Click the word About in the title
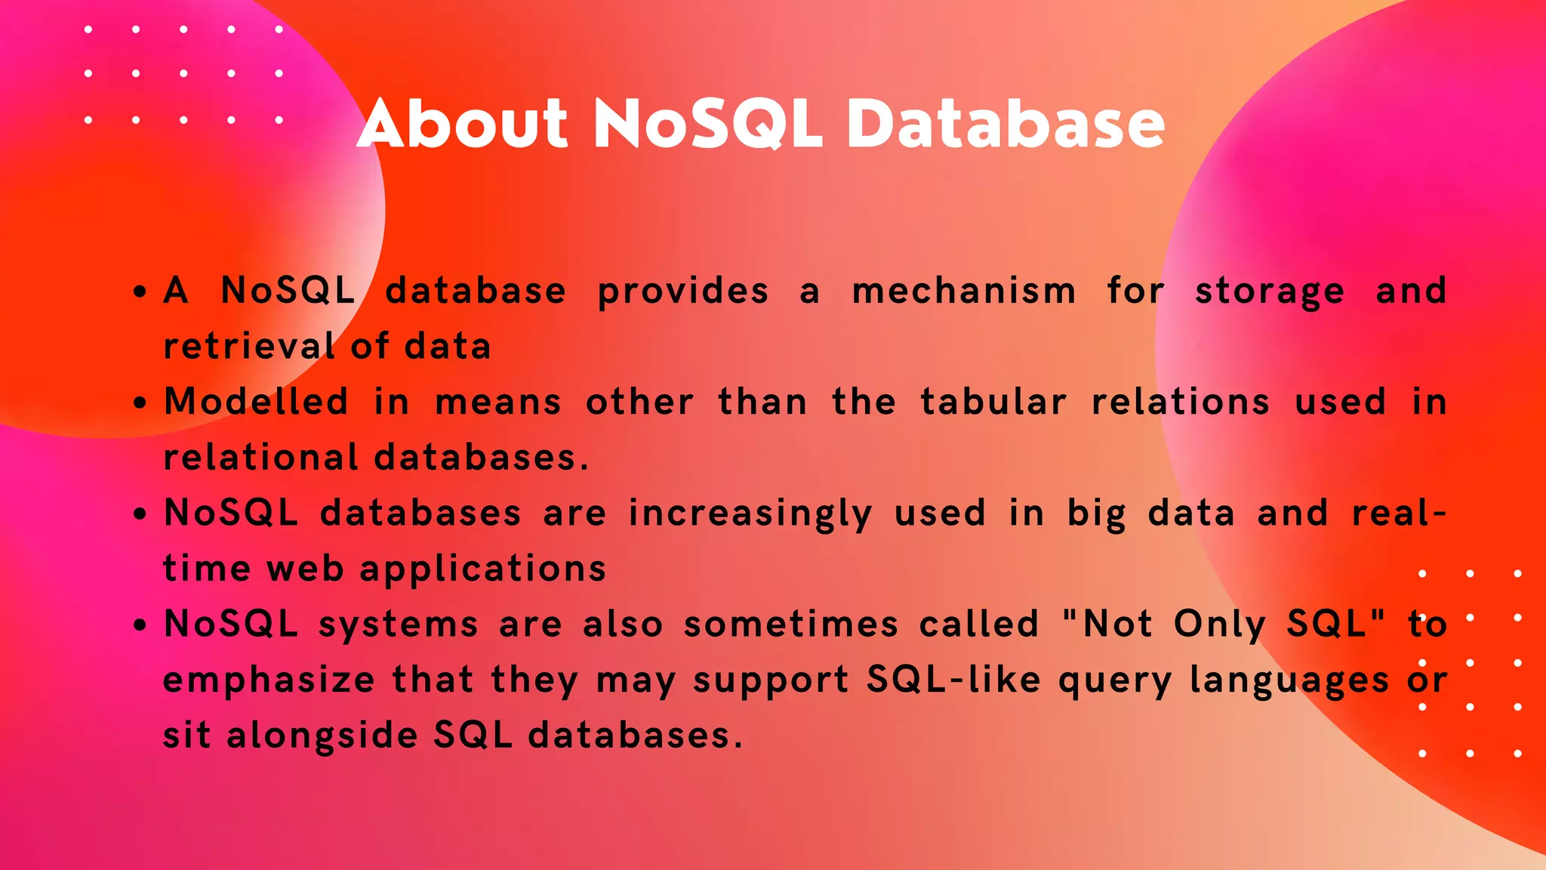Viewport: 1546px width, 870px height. point(462,123)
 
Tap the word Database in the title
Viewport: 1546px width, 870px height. point(1006,123)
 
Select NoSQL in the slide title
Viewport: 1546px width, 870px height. point(707,123)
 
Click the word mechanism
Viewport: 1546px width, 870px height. point(964,292)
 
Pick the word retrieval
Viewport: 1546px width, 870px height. point(249,347)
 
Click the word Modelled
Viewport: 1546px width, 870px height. point(257,402)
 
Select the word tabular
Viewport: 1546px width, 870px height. point(993,402)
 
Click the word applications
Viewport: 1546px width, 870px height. point(483,569)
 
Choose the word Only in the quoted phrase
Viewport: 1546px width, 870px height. point(1220,625)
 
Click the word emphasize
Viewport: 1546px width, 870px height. point(269,680)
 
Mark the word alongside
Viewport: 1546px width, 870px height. point(322,736)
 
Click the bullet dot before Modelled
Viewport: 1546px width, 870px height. point(140,403)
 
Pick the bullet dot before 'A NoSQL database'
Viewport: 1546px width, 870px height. point(140,292)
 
